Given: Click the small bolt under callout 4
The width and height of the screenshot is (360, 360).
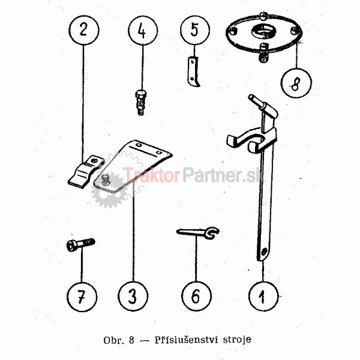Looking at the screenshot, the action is tap(141, 103).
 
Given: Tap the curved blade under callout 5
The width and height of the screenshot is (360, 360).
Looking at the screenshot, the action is tap(193, 71).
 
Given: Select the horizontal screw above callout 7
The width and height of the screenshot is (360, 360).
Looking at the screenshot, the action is tap(80, 244).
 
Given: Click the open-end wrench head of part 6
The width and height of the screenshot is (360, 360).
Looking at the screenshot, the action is tap(212, 233).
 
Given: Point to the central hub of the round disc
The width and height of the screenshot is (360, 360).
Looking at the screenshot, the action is tap(264, 31).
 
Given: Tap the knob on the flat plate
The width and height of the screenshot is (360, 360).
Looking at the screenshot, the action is tap(105, 179).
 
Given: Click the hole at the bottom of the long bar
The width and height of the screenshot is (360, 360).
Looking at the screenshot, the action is tap(264, 251).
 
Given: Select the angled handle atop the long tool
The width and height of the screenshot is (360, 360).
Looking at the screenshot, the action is tap(263, 106).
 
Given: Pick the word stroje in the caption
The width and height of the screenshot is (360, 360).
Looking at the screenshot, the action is tap(237, 340).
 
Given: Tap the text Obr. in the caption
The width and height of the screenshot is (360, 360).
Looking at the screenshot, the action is tap(114, 340).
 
